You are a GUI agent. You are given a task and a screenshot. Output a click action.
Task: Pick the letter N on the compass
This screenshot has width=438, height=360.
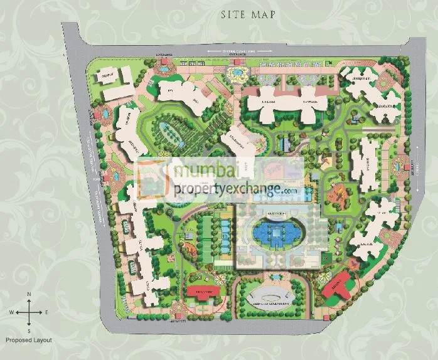[x=28, y=294]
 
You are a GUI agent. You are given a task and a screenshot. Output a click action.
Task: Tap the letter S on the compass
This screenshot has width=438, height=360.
[x=28, y=330]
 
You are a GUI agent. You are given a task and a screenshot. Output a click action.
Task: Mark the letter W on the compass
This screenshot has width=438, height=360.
[x=11, y=312]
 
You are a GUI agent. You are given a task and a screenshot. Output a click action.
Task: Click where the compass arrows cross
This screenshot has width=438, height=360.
[x=28, y=312]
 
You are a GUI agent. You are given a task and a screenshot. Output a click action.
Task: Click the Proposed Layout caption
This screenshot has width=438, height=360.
[x=29, y=340]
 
